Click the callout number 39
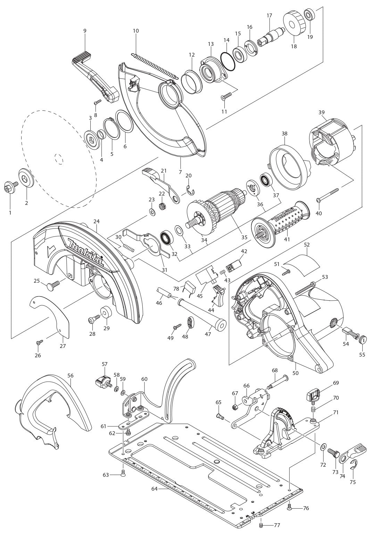(322, 112)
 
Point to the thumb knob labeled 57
(101, 382)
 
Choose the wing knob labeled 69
(313, 395)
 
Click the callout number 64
(155, 489)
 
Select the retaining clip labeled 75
(353, 472)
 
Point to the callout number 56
(71, 375)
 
